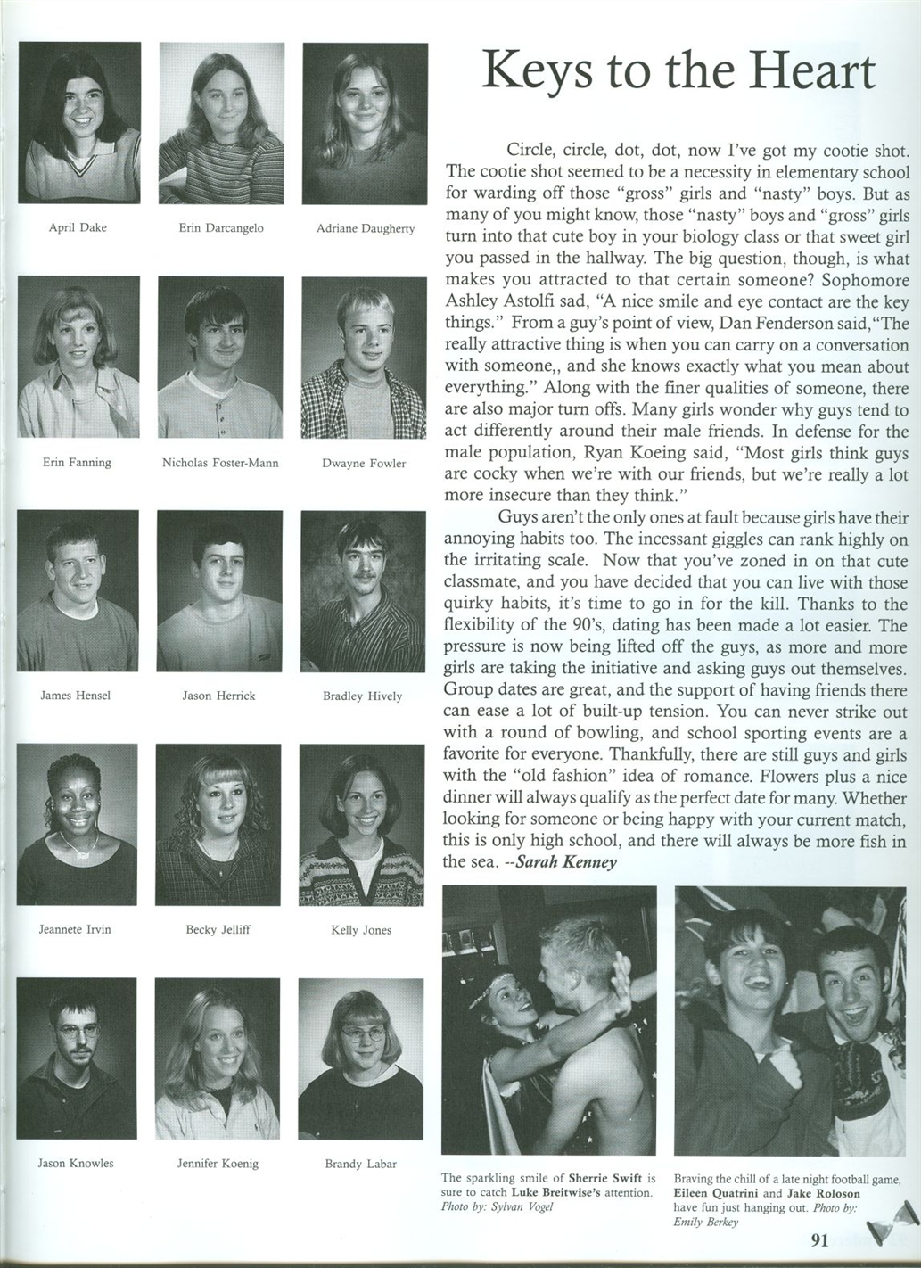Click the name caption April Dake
pos(78,227)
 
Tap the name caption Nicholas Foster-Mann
pos(220,463)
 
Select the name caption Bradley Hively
pos(362,696)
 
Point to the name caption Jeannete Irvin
pos(75,929)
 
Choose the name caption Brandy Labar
pos(360,1164)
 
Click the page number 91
pos(820,1239)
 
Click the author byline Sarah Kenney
pos(566,862)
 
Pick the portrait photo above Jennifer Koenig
pos(218,1058)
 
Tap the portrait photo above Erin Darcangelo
pos(221,123)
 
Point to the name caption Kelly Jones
pos(361,930)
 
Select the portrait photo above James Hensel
pos(78,590)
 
